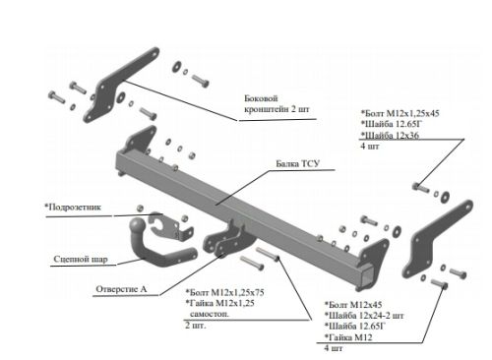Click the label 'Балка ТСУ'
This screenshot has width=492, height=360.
pyautogui.click(x=297, y=163)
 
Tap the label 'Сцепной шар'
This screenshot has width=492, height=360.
pyautogui.click(x=81, y=260)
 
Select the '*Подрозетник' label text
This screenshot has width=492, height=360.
pyautogui.click(x=73, y=208)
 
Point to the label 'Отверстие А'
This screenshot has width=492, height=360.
pyautogui.click(x=121, y=289)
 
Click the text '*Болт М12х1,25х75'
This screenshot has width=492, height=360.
pyautogui.click(x=224, y=292)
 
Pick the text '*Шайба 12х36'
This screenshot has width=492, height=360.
pyautogui.click(x=390, y=135)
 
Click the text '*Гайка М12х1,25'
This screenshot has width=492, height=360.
pyautogui.click(x=219, y=303)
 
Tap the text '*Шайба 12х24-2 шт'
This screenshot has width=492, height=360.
pyautogui.click(x=364, y=316)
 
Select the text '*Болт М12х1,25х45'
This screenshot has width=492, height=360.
pyautogui.click(x=400, y=113)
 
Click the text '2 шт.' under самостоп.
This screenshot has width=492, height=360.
pyautogui.click(x=196, y=326)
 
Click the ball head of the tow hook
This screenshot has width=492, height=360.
pyautogui.click(x=137, y=225)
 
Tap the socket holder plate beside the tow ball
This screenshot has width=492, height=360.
pyautogui.click(x=169, y=226)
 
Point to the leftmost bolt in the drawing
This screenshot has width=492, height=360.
pyautogui.click(x=56, y=96)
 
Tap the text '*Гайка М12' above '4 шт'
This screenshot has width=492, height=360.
pyautogui.click(x=348, y=337)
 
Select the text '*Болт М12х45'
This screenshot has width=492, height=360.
pyautogui.click(x=353, y=305)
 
